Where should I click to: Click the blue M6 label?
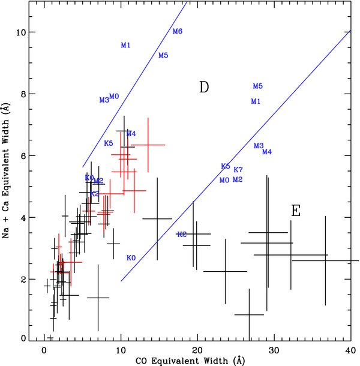(x=177, y=31)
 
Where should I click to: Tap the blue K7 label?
(x=238, y=170)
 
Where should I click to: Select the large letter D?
(x=203, y=88)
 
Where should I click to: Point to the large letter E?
(x=295, y=211)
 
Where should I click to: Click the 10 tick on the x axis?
(x=121, y=350)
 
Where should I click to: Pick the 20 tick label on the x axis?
(x=197, y=350)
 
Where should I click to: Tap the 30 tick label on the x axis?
(x=274, y=350)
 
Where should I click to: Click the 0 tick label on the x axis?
(x=44, y=350)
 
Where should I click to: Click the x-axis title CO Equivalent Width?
(x=197, y=360)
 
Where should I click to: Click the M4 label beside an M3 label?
(x=267, y=152)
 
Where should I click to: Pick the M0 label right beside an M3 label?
(x=114, y=97)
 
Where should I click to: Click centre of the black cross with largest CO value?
(x=325, y=260)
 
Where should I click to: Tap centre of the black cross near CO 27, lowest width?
(x=249, y=314)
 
